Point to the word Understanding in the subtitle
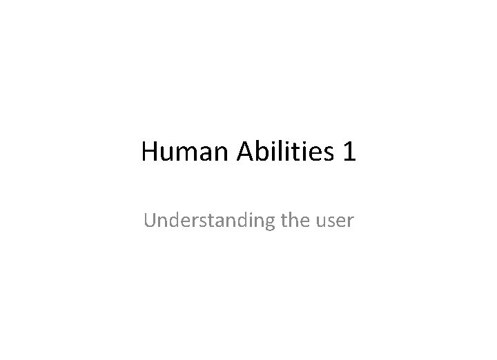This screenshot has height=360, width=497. coord(201,221)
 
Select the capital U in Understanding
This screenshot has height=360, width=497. coord(150,221)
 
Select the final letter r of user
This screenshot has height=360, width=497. coord(350,223)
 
